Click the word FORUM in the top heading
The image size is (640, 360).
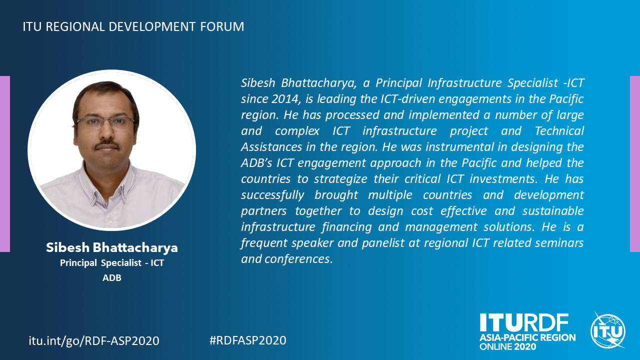[x=222, y=26]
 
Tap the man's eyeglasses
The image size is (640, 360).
[x=105, y=123]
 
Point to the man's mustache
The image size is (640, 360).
[x=107, y=145]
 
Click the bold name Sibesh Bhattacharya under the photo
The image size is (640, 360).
[x=111, y=247]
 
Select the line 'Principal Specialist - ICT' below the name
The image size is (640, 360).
[x=111, y=263]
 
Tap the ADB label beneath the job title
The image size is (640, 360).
[x=111, y=277]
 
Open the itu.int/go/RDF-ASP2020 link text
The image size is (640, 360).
[x=94, y=341]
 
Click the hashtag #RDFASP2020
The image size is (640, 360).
[x=247, y=340]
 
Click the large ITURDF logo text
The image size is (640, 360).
[x=524, y=322]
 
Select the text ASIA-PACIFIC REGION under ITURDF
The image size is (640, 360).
[x=527, y=337]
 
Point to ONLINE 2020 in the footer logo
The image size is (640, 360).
[x=507, y=347]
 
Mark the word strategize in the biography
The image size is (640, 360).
[x=340, y=179]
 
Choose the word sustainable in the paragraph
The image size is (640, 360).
[x=553, y=211]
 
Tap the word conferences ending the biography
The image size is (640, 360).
[x=298, y=259]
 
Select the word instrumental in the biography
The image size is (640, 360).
[x=459, y=147]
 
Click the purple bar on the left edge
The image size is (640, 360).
[x=5, y=164]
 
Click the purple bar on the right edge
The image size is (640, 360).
[x=635, y=164]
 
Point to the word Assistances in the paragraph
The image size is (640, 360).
[x=271, y=147]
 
